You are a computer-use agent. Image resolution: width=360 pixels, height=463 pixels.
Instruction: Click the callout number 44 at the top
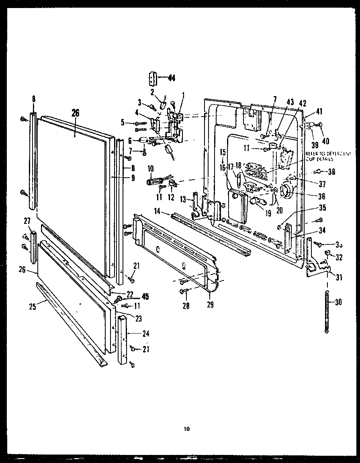[172, 78]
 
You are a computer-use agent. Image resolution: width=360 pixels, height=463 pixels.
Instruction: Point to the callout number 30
[338, 303]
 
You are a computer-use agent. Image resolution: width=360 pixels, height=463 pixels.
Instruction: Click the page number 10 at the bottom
[186, 429]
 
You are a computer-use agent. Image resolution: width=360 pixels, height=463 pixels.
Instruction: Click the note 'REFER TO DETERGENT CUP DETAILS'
[328, 156]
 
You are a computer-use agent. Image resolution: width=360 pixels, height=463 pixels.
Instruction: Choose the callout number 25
[33, 307]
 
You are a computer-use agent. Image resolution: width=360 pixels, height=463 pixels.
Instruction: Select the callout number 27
[27, 221]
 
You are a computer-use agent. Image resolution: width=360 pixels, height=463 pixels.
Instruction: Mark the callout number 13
[183, 199]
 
